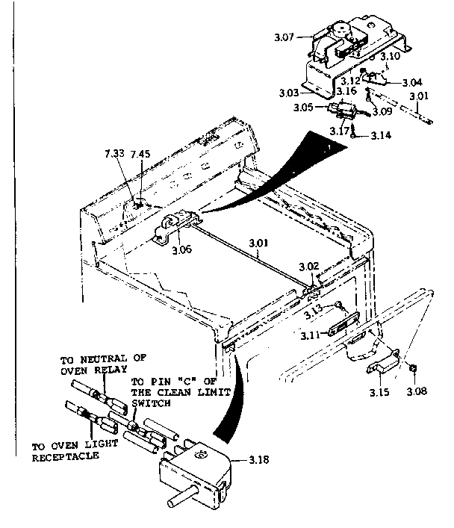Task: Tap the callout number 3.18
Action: [x=258, y=461]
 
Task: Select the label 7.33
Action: [x=115, y=155]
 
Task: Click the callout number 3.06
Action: [x=182, y=249]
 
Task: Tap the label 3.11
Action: [x=311, y=335]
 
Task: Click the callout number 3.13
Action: [x=314, y=308]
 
